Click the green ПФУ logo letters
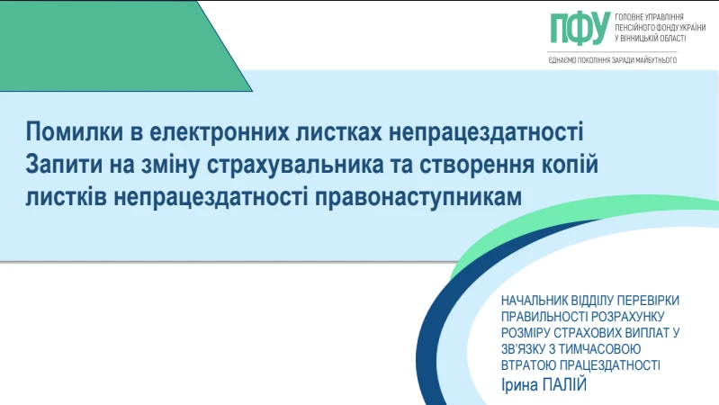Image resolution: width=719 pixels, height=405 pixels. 580,28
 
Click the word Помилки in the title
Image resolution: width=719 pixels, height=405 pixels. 75,132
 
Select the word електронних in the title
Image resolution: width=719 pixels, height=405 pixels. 220,132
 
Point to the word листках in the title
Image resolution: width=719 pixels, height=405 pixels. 339,132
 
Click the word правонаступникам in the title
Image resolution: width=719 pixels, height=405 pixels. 418,198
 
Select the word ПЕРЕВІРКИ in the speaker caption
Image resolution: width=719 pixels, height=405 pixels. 648,301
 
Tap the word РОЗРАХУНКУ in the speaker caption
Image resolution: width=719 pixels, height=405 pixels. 628,317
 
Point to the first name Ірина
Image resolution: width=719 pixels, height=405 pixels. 520,385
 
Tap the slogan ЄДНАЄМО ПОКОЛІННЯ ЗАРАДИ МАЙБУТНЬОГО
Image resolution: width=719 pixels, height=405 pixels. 612,60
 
